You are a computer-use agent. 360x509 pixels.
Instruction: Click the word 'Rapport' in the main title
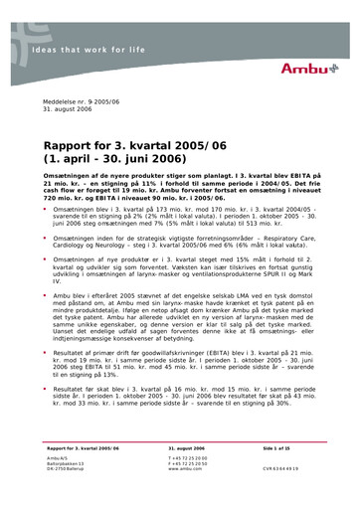pos(76,144)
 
